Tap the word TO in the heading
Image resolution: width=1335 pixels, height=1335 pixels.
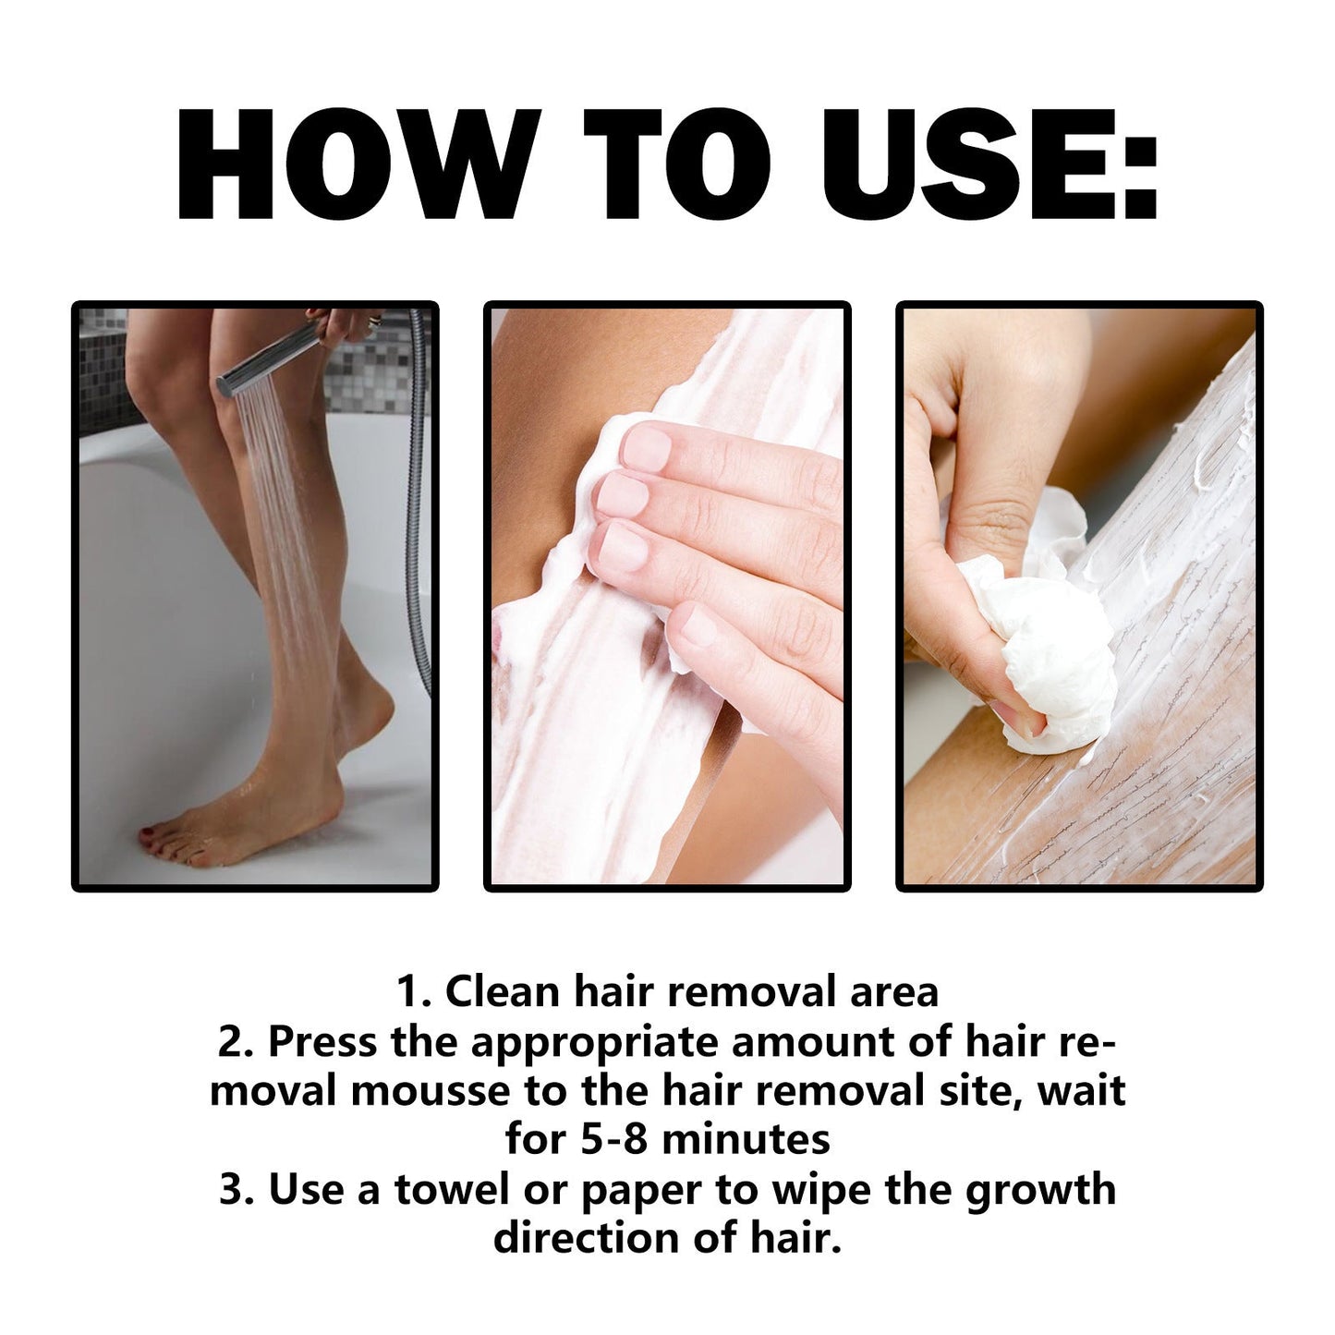click(679, 166)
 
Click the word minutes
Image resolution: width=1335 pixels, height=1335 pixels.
click(746, 1140)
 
